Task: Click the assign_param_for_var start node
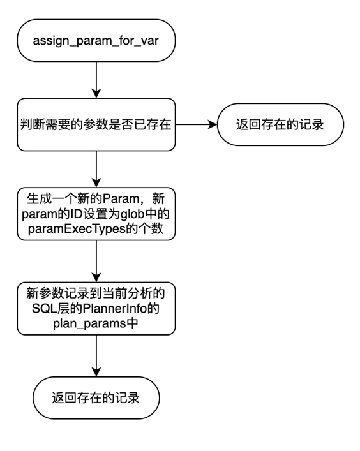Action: point(96,41)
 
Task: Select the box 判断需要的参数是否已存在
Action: point(96,124)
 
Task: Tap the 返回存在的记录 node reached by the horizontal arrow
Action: point(280,124)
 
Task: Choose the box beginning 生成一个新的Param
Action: point(96,214)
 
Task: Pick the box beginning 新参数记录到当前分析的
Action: point(96,308)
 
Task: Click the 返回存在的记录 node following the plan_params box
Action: point(96,398)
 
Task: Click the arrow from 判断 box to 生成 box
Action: point(96,169)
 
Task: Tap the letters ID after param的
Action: point(71,214)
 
